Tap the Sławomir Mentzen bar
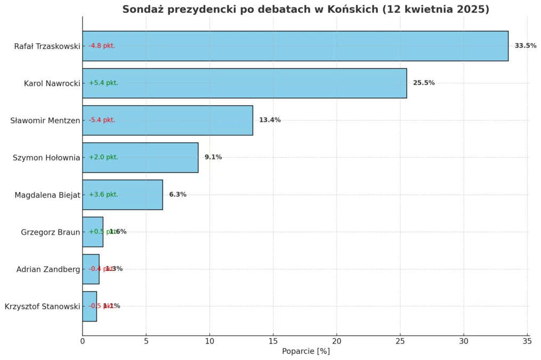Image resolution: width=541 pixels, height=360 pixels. (167, 120)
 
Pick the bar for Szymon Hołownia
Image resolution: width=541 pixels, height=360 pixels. (140, 157)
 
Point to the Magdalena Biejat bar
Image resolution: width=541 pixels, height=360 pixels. (123, 195)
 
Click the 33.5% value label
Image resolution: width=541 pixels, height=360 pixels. (525, 46)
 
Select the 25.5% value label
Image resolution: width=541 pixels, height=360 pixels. (424, 83)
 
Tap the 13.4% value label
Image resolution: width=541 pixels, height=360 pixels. (270, 120)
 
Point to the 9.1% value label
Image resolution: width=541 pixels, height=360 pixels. (213, 157)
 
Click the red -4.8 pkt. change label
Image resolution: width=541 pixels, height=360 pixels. (102, 46)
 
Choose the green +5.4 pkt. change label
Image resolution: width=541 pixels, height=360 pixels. (103, 83)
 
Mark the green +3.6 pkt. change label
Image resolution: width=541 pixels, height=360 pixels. (103, 195)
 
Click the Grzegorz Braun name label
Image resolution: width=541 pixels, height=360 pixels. (50, 232)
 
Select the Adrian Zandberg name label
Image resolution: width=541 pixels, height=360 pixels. (48, 269)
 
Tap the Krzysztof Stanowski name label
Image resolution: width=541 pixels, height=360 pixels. (42, 306)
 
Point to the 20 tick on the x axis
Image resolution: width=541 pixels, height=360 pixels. (337, 341)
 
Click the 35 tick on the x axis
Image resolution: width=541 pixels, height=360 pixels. (527, 341)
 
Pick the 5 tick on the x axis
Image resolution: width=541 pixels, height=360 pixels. (146, 341)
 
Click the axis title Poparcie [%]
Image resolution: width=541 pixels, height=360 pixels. (306, 351)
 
